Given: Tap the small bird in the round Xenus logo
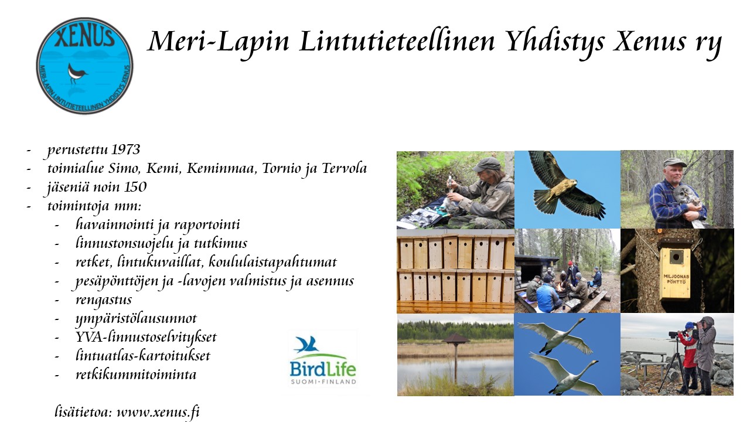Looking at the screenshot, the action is pyautogui.click(x=77, y=73).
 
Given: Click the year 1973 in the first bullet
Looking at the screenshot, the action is pyautogui.click(x=125, y=149).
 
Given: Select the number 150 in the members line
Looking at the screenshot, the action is pyautogui.click(x=135, y=187).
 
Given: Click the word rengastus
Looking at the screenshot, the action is pyautogui.click(x=104, y=300).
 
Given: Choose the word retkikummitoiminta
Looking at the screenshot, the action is pyautogui.click(x=136, y=375).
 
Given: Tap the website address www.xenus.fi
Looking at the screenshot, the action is pyautogui.click(x=158, y=411).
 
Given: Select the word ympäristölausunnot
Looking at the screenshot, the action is pyautogui.click(x=136, y=318).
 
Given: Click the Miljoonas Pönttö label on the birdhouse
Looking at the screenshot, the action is pyautogui.click(x=676, y=279).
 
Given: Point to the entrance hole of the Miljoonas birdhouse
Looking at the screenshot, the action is pyautogui.click(x=676, y=257).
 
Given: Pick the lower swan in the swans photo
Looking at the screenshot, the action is pyautogui.click(x=566, y=373).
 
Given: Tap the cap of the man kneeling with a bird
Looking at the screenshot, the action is pyautogui.click(x=486, y=165).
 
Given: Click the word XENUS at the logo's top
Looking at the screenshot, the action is pyautogui.click(x=85, y=37).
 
